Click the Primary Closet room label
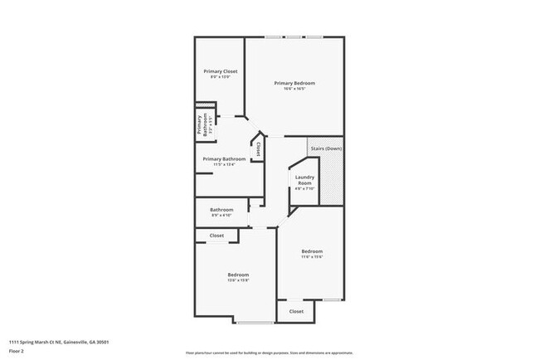[221, 71]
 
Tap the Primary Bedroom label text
[295, 83]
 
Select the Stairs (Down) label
[326, 148]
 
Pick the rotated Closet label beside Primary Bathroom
[258, 149]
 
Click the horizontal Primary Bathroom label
[224, 158]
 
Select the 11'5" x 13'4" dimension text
[224, 164]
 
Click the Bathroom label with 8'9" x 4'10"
[221, 210]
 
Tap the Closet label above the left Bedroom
[216, 236]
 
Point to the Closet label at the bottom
[296, 311]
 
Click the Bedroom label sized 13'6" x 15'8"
[238, 275]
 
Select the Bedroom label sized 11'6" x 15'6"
[312, 251]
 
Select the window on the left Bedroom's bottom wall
[255, 322]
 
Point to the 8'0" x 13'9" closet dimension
[221, 77]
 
